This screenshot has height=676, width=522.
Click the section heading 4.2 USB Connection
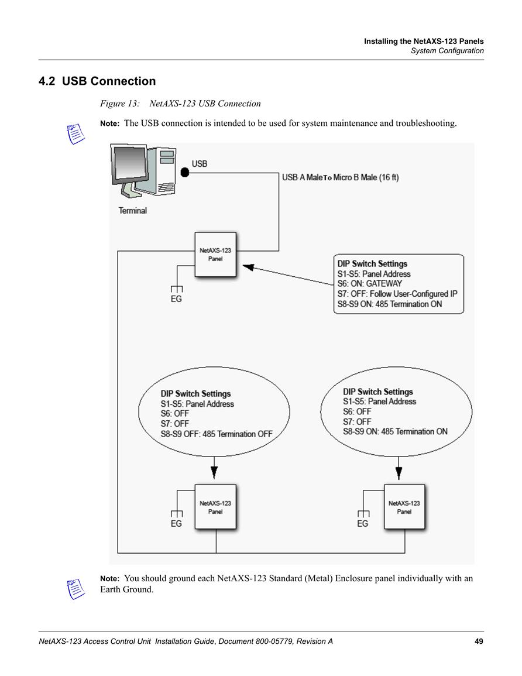point(97,81)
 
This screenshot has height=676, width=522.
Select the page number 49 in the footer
point(479,641)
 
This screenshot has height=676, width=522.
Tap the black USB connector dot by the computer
point(185,173)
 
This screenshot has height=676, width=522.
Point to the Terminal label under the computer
point(133,210)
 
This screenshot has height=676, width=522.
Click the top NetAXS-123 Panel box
point(215,255)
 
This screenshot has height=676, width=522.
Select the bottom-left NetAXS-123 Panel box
point(215,507)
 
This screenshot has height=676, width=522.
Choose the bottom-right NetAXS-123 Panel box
point(404,507)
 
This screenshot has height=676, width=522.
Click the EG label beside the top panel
point(176,298)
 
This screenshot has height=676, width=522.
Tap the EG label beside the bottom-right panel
point(362,523)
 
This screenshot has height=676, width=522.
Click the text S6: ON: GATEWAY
point(369,284)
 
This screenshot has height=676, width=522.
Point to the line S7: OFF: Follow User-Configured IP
point(397,294)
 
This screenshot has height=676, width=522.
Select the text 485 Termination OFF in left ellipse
point(238,434)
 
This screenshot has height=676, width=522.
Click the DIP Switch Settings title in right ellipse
point(377,392)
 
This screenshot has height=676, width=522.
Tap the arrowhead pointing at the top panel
point(248,267)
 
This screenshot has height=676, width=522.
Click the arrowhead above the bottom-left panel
point(214,472)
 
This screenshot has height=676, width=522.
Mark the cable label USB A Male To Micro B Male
point(341,177)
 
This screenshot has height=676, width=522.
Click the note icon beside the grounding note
point(76,589)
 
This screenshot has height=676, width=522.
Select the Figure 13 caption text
point(180,104)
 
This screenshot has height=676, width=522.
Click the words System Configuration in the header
point(447,51)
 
